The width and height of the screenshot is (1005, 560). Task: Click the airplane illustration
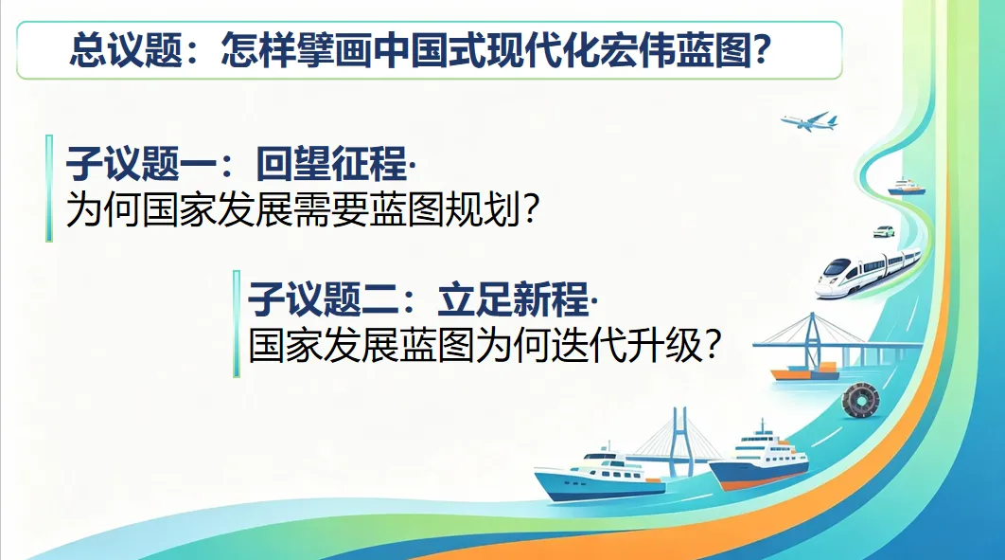[809, 121]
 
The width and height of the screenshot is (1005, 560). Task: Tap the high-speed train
[868, 272]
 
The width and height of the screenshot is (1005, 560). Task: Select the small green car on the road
[884, 231]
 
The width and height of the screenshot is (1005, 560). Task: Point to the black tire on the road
[859, 402]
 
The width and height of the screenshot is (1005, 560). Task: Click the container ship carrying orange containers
[804, 371]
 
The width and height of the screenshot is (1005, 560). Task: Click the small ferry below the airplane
[907, 188]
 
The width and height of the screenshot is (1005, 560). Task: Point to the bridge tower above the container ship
[813, 340]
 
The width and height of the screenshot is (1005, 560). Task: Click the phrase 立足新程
[514, 298]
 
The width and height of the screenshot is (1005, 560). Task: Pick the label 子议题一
[142, 163]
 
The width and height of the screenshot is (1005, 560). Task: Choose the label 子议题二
[324, 298]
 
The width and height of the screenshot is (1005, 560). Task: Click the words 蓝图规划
[446, 208]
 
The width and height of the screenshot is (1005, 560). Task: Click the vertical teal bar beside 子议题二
[238, 323]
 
